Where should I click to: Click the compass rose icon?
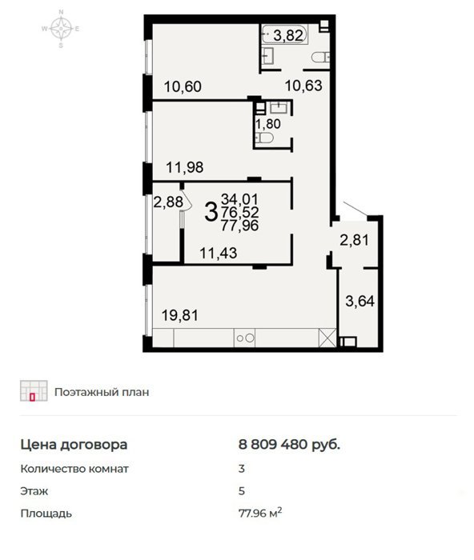[61, 29]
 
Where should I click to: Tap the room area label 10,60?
[183, 86]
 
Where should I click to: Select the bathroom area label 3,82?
[288, 35]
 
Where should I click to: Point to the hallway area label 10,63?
[303, 86]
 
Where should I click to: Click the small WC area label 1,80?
[267, 124]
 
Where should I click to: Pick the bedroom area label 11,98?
[185, 167]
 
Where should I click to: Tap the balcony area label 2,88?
[168, 202]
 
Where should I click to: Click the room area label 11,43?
[218, 254]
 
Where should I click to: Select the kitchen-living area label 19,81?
[180, 315]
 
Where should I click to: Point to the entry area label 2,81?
[354, 240]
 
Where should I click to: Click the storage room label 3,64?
[360, 301]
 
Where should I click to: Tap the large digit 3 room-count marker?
[211, 212]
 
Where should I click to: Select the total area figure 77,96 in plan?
[239, 226]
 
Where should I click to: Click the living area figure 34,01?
[239, 199]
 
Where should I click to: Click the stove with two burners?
[244, 338]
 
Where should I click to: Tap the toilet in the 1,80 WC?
[265, 138]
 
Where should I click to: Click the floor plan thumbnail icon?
[34, 390]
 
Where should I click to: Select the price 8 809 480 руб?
[289, 445]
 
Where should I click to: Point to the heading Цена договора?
[74, 445]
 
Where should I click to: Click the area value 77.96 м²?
[260, 514]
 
